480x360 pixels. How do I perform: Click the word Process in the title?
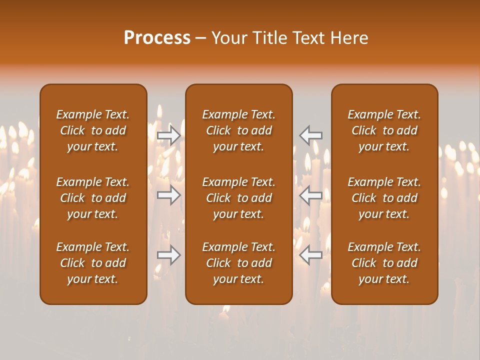click(x=157, y=38)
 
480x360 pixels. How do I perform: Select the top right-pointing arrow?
click(x=169, y=135)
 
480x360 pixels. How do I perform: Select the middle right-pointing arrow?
click(x=169, y=195)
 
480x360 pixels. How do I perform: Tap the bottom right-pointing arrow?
click(x=169, y=255)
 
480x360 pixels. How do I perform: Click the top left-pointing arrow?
click(x=311, y=135)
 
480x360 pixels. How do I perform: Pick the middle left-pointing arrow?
click(x=311, y=195)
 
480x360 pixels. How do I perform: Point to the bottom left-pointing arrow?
click(x=311, y=255)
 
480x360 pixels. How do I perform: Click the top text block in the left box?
click(x=93, y=130)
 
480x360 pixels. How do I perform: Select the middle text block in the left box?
click(x=93, y=198)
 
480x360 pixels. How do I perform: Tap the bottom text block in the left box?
click(x=93, y=263)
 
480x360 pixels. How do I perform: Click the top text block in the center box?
click(x=238, y=130)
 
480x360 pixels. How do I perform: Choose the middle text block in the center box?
click(x=238, y=198)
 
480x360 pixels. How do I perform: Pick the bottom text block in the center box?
click(x=238, y=263)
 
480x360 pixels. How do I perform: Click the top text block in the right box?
click(x=384, y=130)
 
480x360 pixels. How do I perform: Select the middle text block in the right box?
click(x=384, y=198)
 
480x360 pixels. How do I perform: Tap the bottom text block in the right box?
click(x=384, y=263)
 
